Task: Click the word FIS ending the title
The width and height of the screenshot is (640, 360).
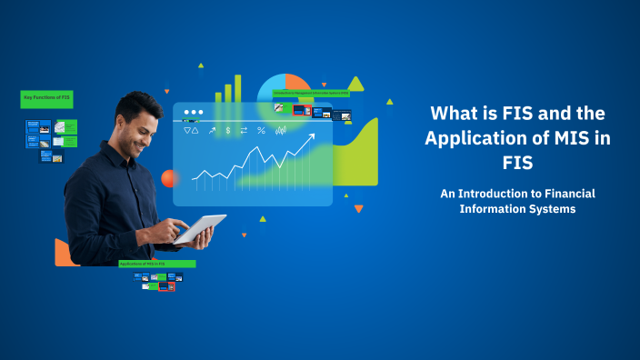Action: [x=517, y=164]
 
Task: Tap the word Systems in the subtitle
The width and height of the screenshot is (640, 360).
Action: [x=552, y=208]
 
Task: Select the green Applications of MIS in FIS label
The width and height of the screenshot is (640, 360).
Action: [x=156, y=264]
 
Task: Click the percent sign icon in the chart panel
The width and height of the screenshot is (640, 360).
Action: [x=261, y=131]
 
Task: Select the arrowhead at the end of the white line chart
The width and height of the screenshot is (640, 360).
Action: [x=311, y=137]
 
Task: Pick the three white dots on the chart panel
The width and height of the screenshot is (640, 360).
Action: [x=193, y=114]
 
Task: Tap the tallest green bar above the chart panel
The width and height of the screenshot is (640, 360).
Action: [x=238, y=87]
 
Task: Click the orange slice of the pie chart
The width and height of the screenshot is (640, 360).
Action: [x=297, y=85]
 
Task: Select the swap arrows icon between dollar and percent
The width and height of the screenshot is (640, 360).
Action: [x=244, y=131]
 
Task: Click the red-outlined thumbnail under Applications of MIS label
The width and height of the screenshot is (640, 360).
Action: [x=166, y=286]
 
